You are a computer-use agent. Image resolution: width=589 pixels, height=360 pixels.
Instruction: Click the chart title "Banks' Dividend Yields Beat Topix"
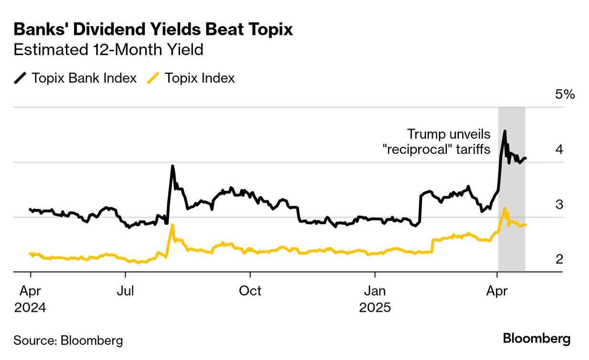(x=153, y=30)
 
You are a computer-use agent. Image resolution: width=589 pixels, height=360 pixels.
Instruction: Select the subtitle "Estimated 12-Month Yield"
(x=108, y=50)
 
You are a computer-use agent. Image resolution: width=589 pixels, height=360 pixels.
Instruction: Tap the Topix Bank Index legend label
(x=84, y=78)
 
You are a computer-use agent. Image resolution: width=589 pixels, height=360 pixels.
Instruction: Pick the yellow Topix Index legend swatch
(x=152, y=78)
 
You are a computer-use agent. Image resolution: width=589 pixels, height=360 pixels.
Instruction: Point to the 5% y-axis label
(x=565, y=95)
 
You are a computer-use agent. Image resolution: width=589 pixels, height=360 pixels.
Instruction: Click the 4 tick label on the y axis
(x=559, y=149)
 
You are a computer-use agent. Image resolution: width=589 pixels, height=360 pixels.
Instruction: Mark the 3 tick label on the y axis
(x=559, y=204)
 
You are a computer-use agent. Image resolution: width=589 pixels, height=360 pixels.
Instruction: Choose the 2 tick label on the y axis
(x=559, y=259)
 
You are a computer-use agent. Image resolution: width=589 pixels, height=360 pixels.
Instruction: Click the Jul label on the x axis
(x=125, y=291)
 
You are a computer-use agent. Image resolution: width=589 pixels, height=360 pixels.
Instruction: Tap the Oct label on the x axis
(x=250, y=291)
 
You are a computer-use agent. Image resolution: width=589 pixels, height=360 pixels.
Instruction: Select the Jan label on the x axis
(x=375, y=291)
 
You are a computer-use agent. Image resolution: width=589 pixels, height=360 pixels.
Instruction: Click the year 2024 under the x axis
(x=31, y=307)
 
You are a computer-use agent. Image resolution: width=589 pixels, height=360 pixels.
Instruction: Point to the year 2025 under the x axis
(x=375, y=307)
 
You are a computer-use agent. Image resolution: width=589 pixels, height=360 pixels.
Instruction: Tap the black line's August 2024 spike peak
(x=172, y=166)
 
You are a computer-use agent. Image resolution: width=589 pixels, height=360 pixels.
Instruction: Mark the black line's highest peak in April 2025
(x=505, y=131)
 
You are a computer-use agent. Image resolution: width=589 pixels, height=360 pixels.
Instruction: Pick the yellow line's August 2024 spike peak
(x=172, y=225)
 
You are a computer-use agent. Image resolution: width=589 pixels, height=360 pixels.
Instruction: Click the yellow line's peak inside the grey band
(x=504, y=209)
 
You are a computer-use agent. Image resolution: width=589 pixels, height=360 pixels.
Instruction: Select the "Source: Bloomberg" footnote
(x=68, y=340)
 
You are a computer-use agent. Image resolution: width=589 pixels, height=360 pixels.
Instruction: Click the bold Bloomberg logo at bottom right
(x=536, y=339)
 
